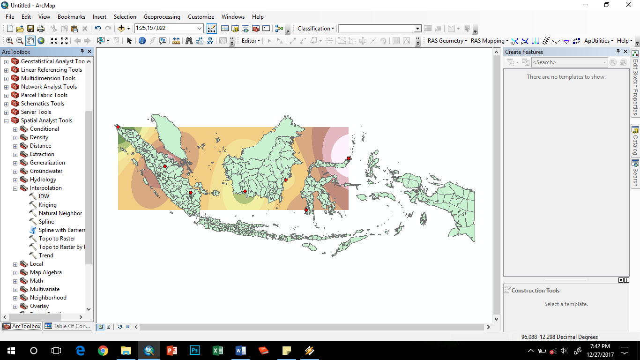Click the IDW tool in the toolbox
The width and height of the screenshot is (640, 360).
tap(44, 196)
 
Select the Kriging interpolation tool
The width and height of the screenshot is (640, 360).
tap(47, 205)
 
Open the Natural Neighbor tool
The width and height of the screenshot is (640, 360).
tap(60, 213)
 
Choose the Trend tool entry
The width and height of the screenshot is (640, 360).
tap(46, 255)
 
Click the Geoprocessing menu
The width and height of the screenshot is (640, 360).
tap(162, 16)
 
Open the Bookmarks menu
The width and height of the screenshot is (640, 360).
tap(71, 16)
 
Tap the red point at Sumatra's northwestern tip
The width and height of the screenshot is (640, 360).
tap(118, 127)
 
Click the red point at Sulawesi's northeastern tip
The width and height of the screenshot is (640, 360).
tap(349, 158)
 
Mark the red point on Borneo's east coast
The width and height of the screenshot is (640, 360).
tap(286, 180)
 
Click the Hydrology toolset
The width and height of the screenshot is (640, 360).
tap(43, 180)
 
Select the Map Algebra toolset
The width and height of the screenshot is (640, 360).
tap(45, 272)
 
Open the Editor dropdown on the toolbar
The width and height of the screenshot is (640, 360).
tap(251, 41)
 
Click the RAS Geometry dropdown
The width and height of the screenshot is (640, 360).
tap(447, 41)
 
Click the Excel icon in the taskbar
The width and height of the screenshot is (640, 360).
tap(217, 351)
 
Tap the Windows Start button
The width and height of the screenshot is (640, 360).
tap(11, 351)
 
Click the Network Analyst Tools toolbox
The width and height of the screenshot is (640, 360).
tap(49, 87)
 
